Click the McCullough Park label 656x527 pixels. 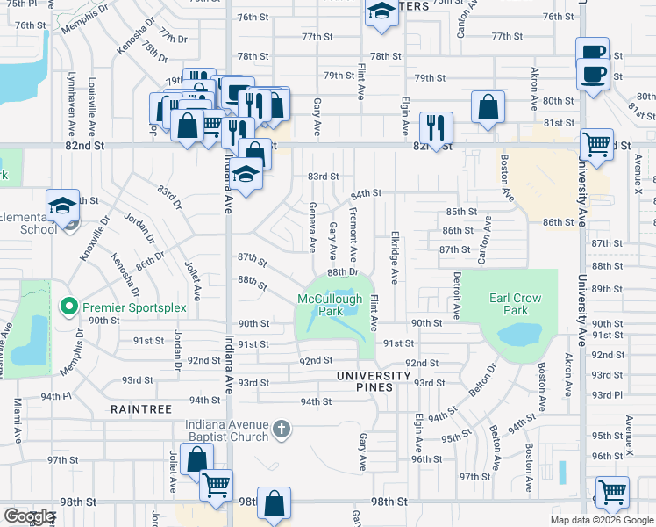[x=330, y=305]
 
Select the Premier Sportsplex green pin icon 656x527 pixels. [x=68, y=307]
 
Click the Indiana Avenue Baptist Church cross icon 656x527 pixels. [x=281, y=429]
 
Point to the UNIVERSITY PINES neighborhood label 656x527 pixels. [x=374, y=376]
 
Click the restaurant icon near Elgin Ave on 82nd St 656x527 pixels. [x=435, y=127]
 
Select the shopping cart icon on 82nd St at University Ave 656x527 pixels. [x=597, y=142]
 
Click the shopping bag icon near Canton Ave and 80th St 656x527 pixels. [x=488, y=107]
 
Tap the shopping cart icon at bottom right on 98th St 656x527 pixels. [x=612, y=492]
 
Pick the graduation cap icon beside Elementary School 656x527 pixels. [x=62, y=206]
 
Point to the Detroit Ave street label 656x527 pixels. [x=456, y=294]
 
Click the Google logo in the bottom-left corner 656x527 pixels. [x=30, y=516]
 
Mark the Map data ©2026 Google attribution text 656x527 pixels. [x=602, y=520]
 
